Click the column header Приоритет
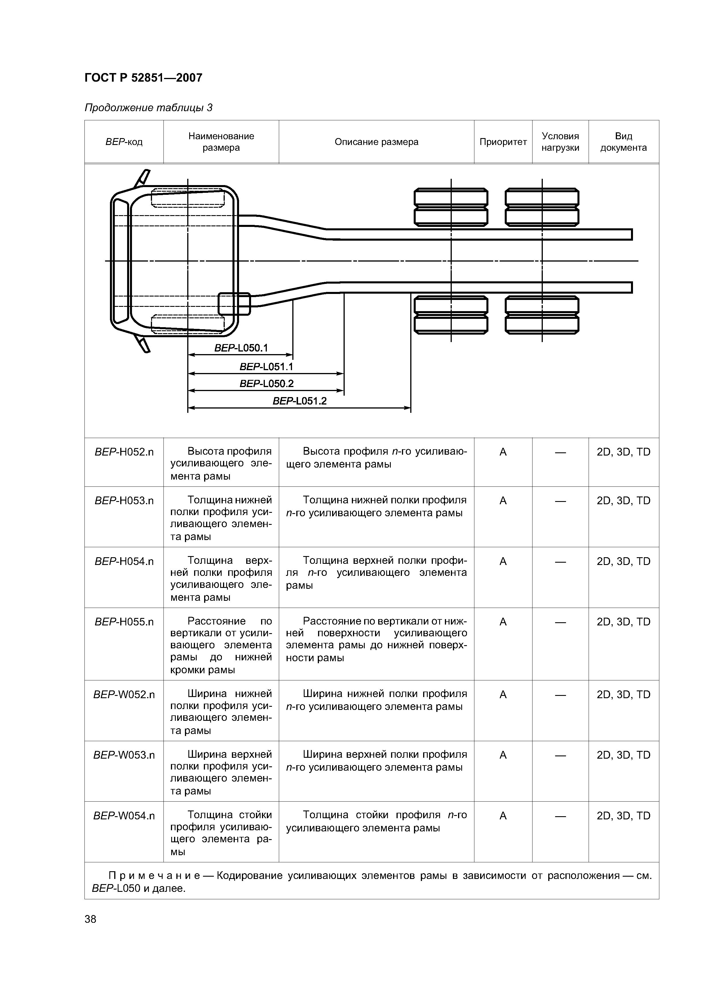coord(503,142)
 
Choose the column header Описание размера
coord(376,142)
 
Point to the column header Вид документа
coord(623,142)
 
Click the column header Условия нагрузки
coord(560,142)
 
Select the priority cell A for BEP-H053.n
coord(503,500)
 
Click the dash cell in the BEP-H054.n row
coord(560,561)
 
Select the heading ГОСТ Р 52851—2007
coord(143,78)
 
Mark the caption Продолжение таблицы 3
coord(148,108)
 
